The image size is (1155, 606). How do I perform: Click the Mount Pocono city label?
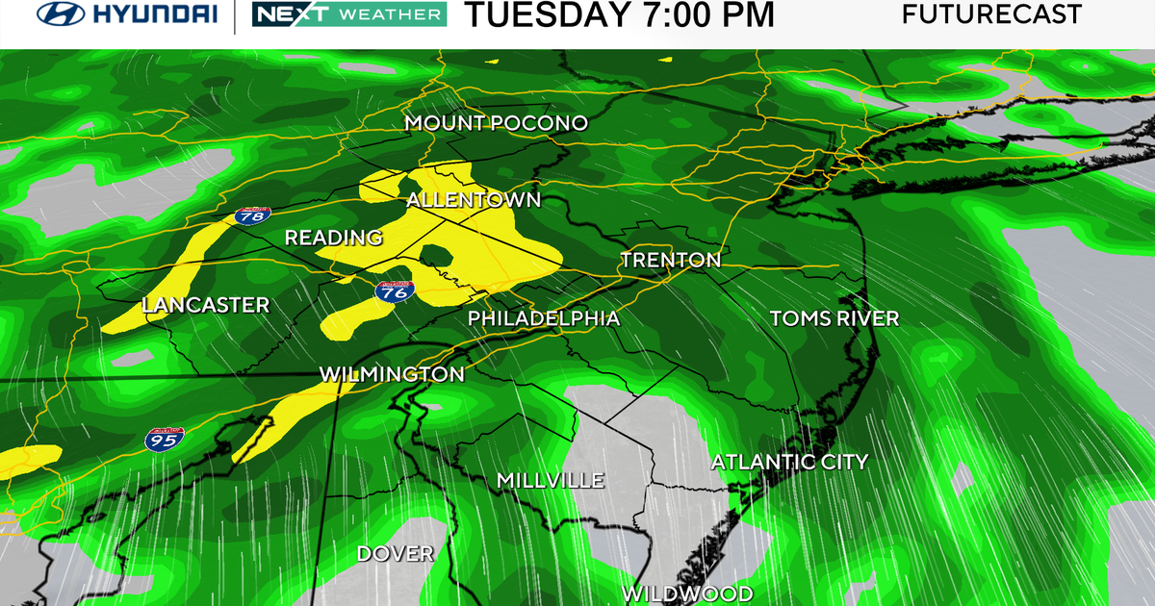(496, 123)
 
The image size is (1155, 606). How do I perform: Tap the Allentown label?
(474, 200)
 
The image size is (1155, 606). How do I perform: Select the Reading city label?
(334, 238)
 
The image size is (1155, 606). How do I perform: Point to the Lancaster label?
(205, 305)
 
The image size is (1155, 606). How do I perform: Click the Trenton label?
(671, 260)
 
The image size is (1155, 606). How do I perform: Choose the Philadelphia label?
(544, 318)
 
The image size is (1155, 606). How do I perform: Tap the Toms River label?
(834, 318)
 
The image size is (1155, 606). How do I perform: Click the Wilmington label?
(392, 373)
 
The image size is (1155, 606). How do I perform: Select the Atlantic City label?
(789, 462)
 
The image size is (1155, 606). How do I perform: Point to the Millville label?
(551, 480)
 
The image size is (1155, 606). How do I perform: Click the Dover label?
(396, 553)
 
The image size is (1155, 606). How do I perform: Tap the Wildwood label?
(686, 592)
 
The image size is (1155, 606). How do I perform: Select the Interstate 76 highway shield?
(394, 292)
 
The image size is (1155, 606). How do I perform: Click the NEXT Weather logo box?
(348, 14)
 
